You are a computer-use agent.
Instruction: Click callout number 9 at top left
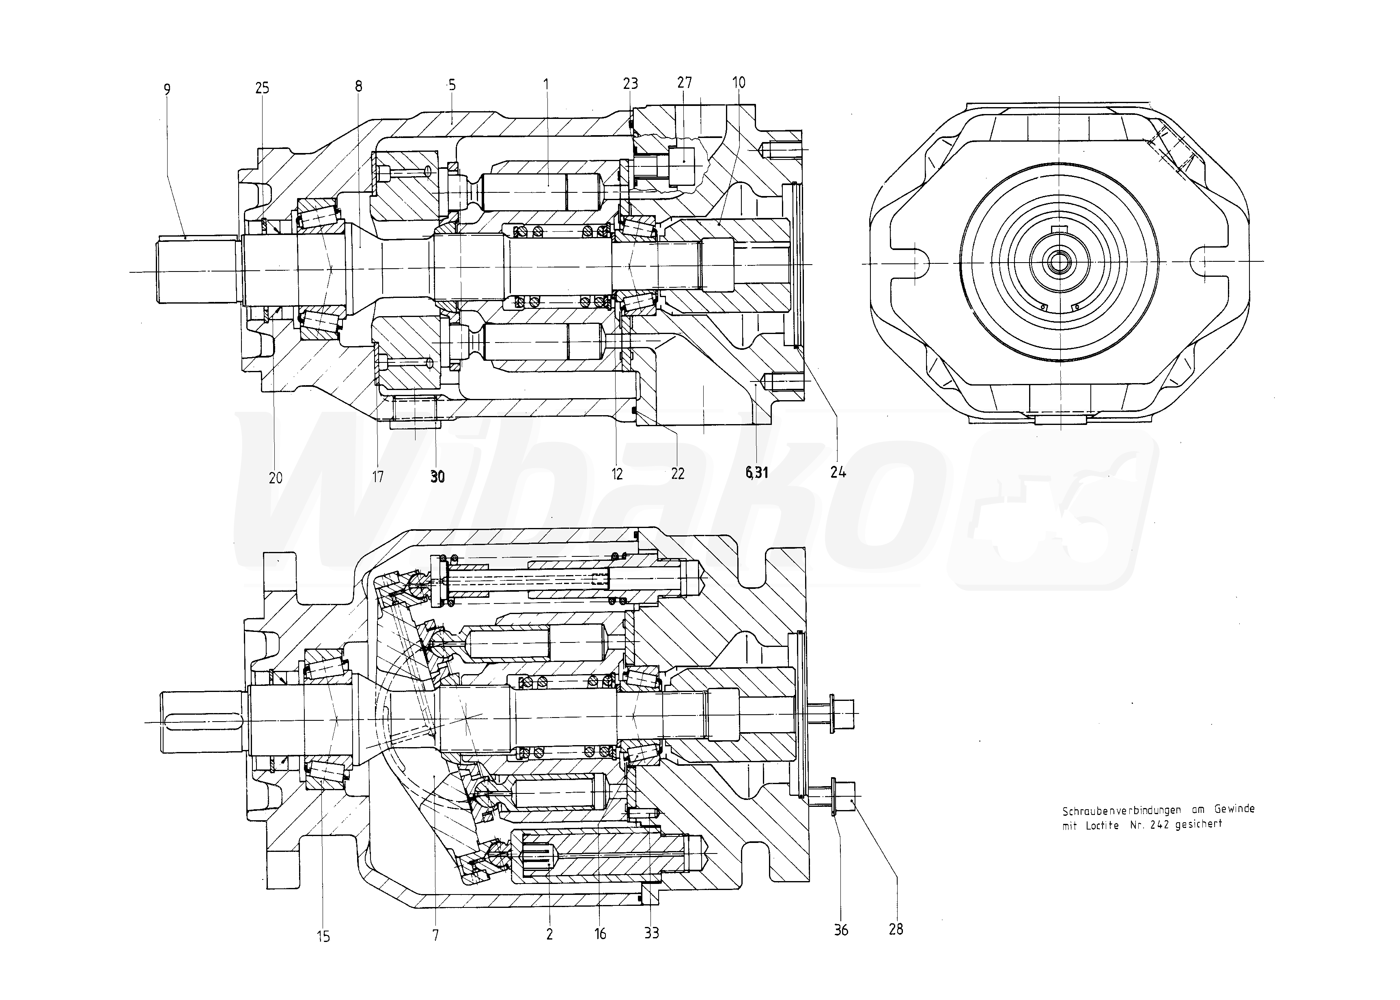pyautogui.click(x=167, y=90)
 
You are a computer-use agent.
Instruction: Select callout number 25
pyautogui.click(x=262, y=88)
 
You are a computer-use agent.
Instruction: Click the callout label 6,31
pyautogui.click(x=757, y=473)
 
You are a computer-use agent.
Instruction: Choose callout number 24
pyautogui.click(x=838, y=473)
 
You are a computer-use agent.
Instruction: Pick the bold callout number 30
pyautogui.click(x=437, y=476)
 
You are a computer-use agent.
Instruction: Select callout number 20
pyautogui.click(x=275, y=478)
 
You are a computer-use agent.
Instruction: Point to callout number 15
pyautogui.click(x=323, y=937)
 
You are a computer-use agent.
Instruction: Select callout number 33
pyautogui.click(x=651, y=933)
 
